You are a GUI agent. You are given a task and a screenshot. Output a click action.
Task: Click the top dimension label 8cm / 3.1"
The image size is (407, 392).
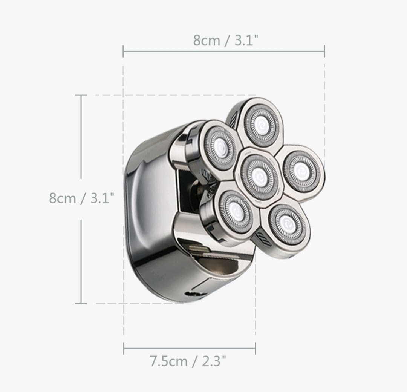pyautogui.click(x=226, y=40)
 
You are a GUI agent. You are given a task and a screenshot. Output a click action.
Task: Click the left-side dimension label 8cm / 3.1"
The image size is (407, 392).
pyautogui.click(x=81, y=198)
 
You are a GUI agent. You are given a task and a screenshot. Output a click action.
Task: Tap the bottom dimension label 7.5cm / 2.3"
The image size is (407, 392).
pyautogui.click(x=188, y=361)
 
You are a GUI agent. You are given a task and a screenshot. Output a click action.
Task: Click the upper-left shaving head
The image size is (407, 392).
pyautogui.click(x=220, y=147)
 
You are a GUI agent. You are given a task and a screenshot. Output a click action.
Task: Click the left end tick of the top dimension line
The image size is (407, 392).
pyautogui.click(x=123, y=51)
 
